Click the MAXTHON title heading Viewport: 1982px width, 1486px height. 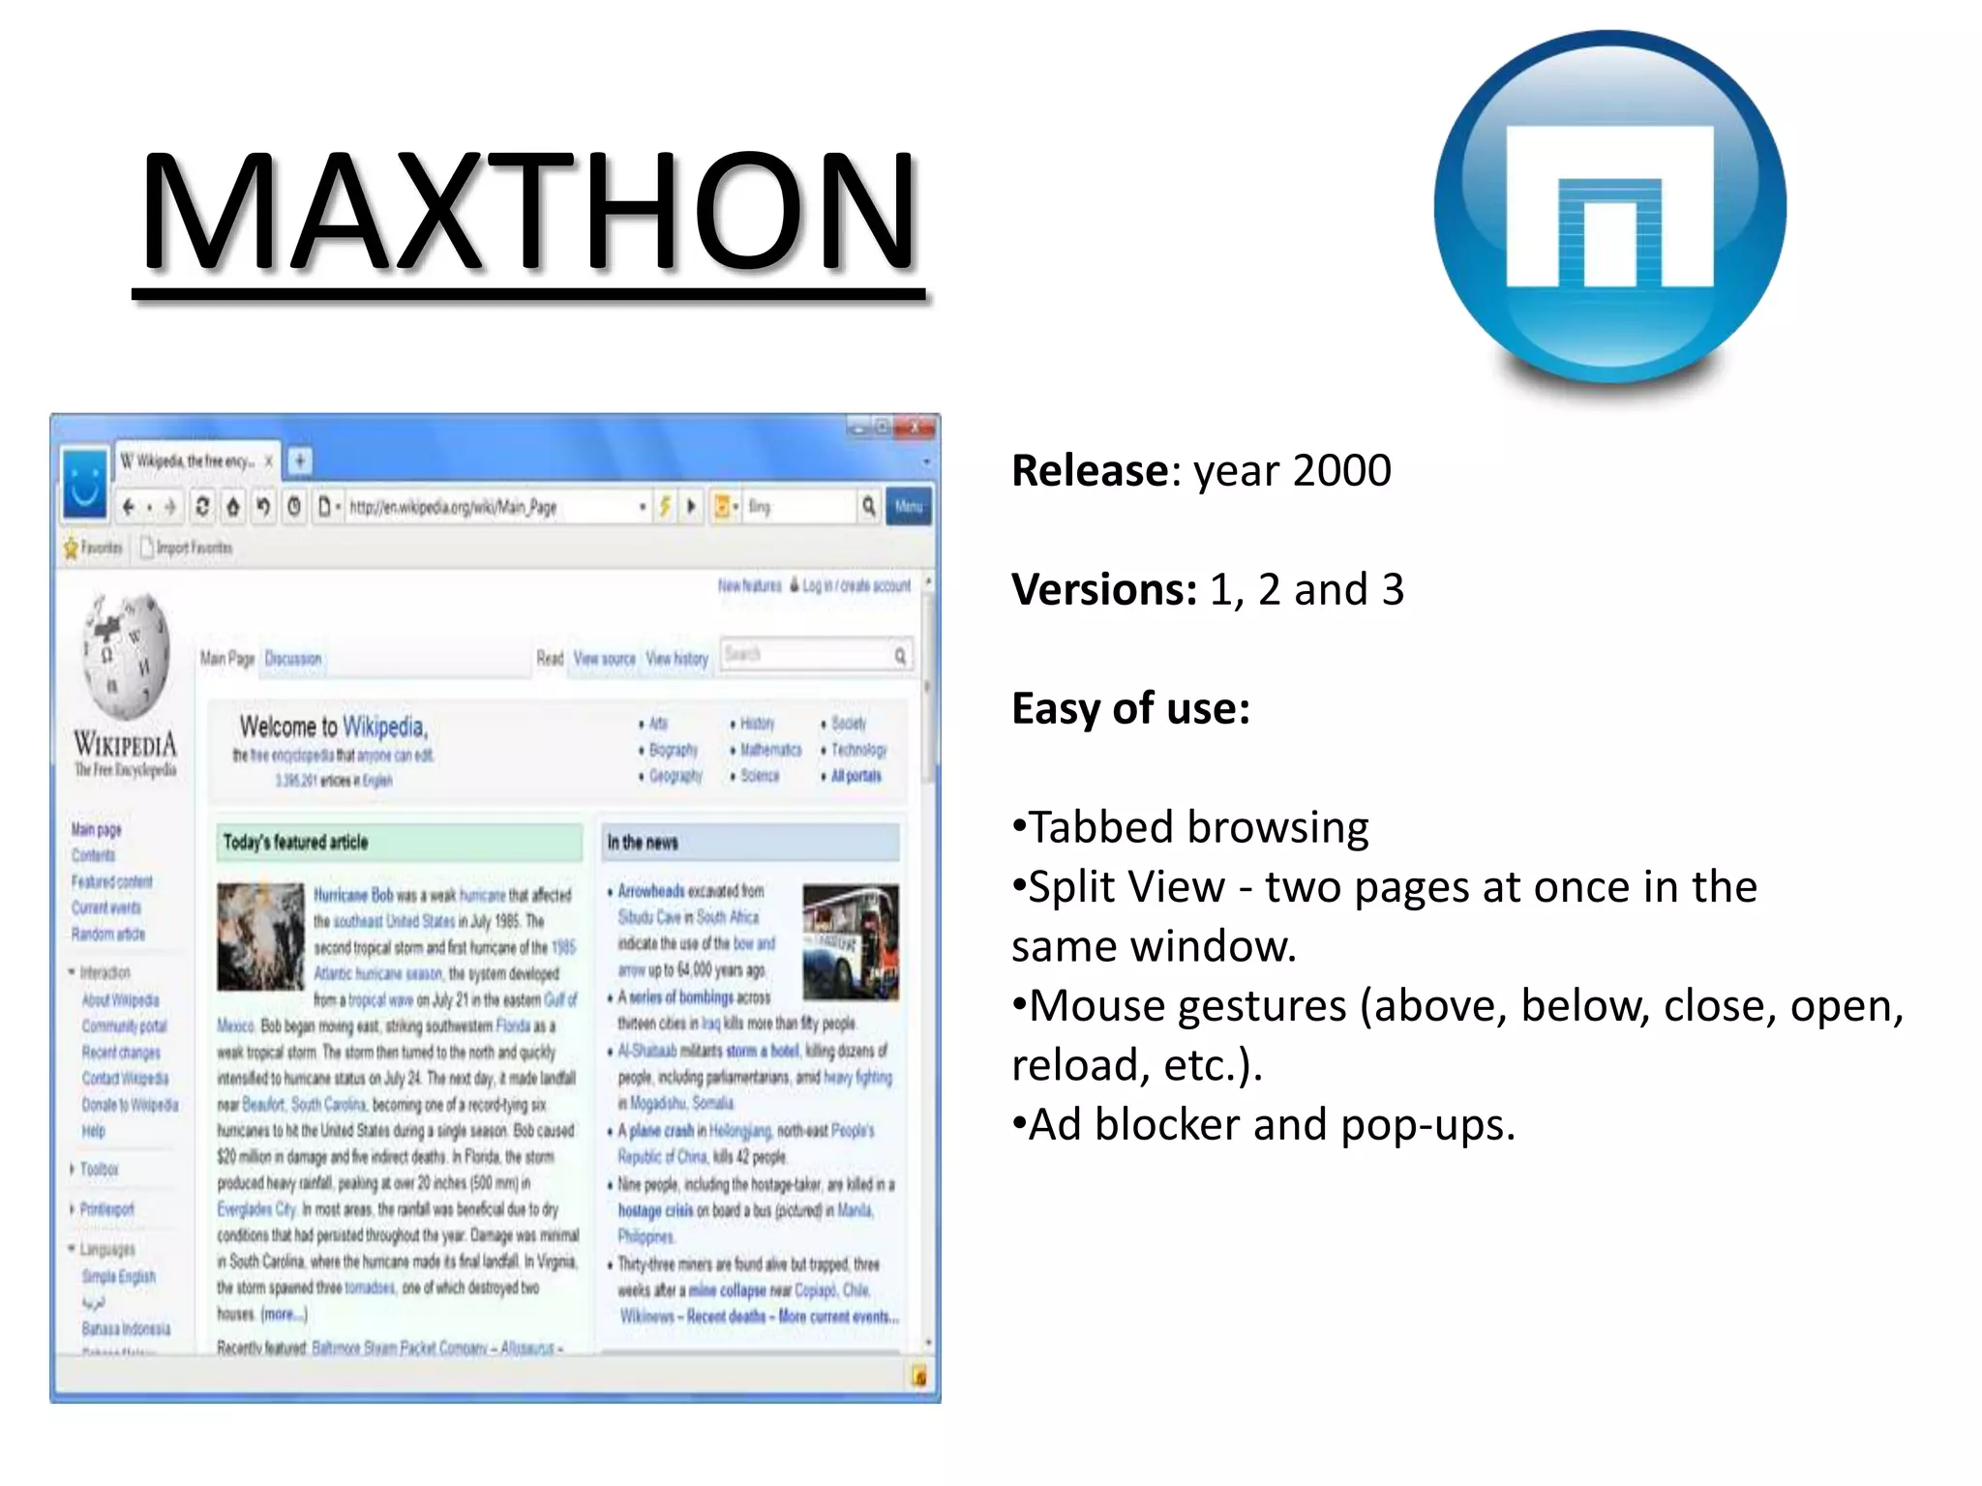coord(528,211)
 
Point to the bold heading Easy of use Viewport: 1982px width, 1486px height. coord(1130,708)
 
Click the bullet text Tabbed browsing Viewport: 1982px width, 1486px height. coord(1198,827)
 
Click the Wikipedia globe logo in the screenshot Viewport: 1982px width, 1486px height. coord(127,655)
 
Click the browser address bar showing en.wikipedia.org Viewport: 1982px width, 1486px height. coord(489,507)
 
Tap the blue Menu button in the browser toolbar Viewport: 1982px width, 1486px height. coord(908,506)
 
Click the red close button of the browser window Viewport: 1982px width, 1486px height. coord(916,427)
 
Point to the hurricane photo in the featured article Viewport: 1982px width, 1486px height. coord(260,936)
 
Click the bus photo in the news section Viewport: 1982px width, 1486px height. coord(851,940)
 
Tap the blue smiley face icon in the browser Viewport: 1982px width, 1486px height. coord(85,482)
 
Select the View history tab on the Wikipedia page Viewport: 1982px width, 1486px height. coord(677,659)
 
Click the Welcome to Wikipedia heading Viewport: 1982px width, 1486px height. coord(333,727)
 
